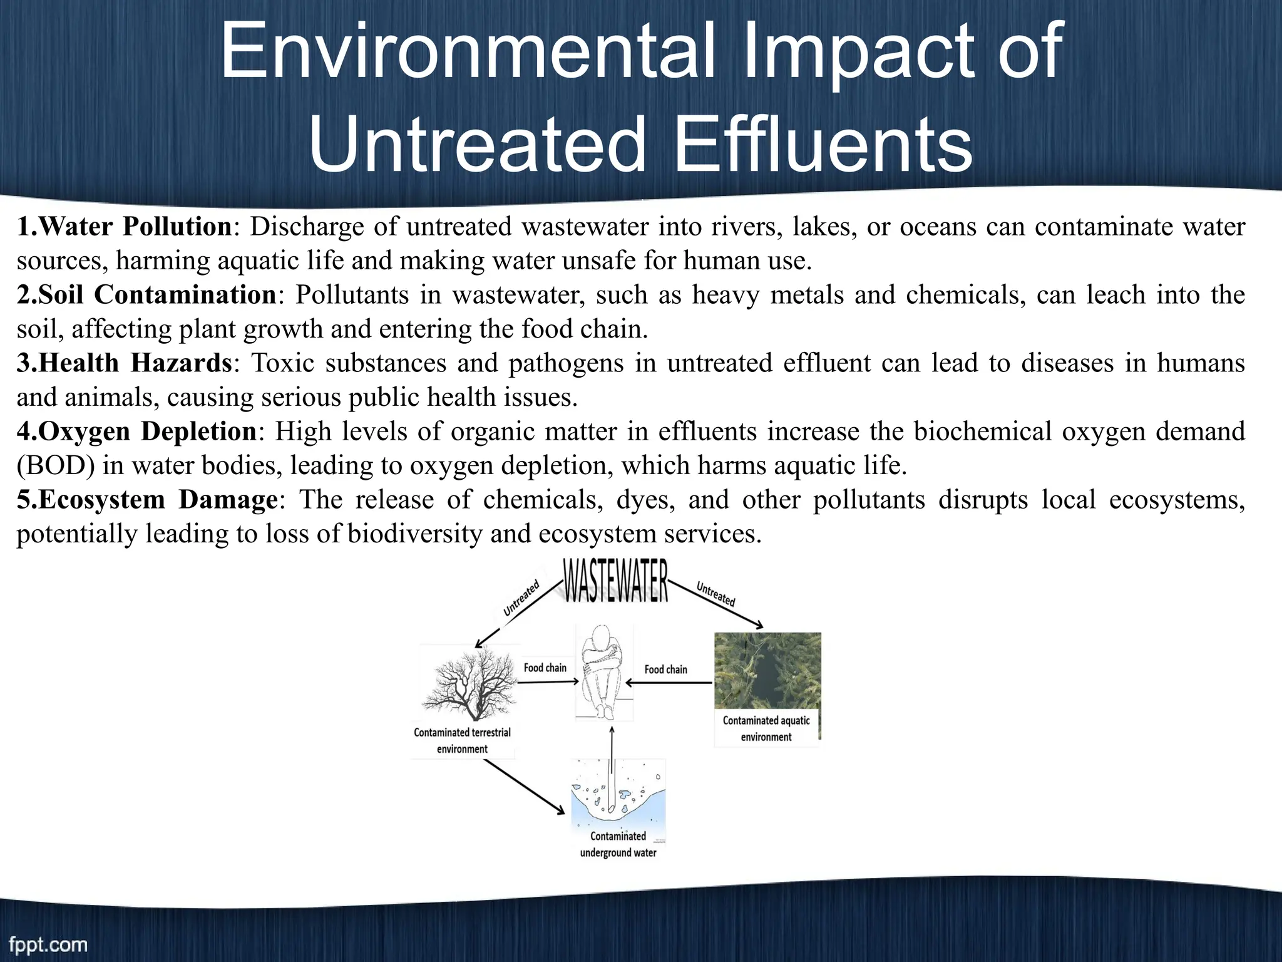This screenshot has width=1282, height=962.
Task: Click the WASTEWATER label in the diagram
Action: pyautogui.click(x=616, y=581)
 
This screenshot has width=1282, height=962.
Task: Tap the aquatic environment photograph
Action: pyautogui.click(x=767, y=670)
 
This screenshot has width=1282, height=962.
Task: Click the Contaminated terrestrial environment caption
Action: pyautogui.click(x=462, y=741)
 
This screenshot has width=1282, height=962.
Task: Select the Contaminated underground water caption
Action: pyautogui.click(x=618, y=845)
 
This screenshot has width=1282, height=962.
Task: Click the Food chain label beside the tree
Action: pyautogui.click(x=545, y=668)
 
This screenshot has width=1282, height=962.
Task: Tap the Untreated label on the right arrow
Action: pyautogui.click(x=715, y=593)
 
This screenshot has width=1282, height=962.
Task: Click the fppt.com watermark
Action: pyautogui.click(x=48, y=944)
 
